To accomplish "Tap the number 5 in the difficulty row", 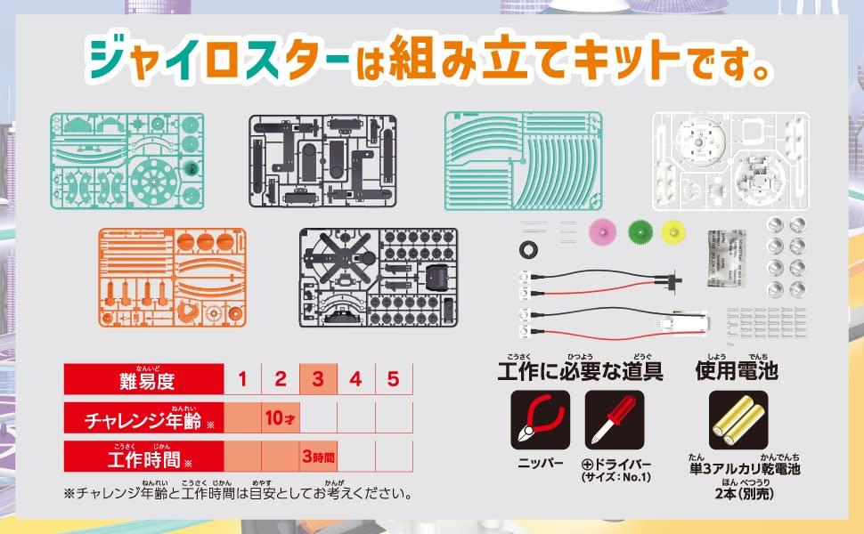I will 393,380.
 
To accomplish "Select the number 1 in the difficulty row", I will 242,380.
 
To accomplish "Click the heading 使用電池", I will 737,369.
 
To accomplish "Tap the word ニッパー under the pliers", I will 541,464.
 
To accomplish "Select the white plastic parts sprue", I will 730,161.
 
